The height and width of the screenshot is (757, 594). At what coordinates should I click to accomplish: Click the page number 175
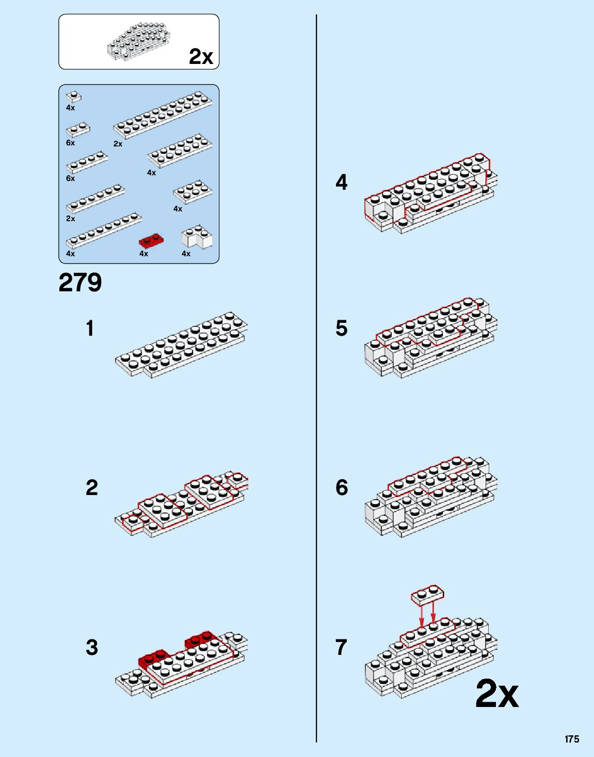tap(571, 739)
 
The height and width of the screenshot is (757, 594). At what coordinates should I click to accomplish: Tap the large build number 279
tap(80, 283)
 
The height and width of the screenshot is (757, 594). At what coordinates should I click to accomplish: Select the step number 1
tap(90, 328)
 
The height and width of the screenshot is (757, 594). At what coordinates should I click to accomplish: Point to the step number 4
tap(341, 183)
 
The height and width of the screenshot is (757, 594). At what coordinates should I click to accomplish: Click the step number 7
tap(341, 648)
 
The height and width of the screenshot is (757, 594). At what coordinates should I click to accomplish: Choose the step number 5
tap(341, 328)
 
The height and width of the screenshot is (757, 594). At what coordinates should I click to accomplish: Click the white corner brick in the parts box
tap(196, 237)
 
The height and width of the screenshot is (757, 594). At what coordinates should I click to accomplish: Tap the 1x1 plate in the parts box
tap(73, 96)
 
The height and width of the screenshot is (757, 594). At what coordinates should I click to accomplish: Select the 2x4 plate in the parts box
tap(192, 192)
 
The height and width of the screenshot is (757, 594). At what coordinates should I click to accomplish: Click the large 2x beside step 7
tap(496, 694)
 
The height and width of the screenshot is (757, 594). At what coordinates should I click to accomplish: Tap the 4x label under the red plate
tap(143, 254)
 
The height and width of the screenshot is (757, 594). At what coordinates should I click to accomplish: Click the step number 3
tap(91, 648)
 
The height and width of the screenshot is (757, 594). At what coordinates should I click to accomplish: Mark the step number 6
tap(341, 488)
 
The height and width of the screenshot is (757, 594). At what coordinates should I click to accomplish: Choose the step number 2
tap(91, 488)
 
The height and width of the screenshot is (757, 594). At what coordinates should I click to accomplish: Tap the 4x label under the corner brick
tap(186, 254)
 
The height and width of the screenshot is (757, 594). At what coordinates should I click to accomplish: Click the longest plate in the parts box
tap(163, 116)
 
